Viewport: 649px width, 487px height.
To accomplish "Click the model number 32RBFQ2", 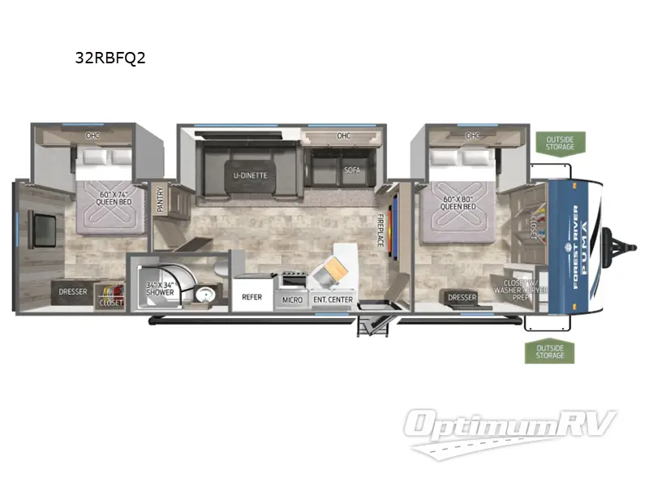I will [110, 58].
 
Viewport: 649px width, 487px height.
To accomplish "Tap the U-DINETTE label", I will [251, 174].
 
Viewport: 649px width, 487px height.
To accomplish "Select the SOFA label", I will [351, 170].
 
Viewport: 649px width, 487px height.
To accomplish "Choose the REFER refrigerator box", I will [252, 297].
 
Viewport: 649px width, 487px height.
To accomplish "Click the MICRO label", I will [292, 300].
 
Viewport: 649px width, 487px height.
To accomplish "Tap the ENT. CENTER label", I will [333, 300].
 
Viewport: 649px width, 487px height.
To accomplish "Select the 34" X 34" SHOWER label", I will [160, 288].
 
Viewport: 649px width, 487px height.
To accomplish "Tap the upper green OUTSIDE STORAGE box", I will [560, 142].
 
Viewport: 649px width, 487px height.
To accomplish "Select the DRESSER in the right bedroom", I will [462, 297].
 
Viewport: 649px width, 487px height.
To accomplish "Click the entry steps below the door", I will [372, 324].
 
